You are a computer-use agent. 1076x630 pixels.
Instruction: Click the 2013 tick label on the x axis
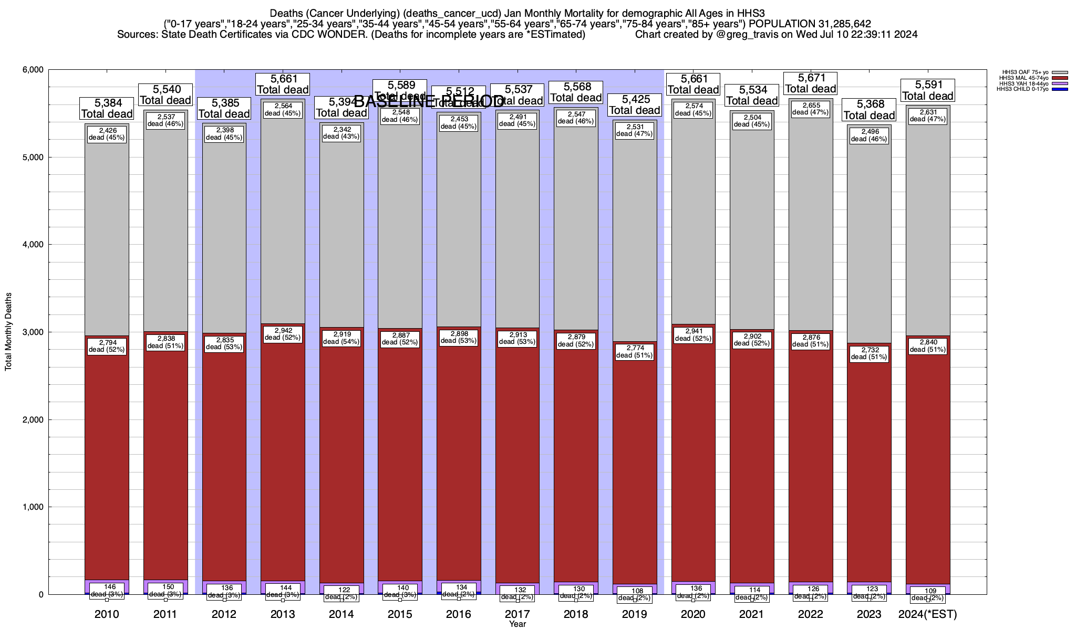[x=283, y=614]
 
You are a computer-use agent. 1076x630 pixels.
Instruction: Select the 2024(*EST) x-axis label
[x=927, y=614]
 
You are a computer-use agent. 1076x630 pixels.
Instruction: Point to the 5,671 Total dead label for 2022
[x=810, y=83]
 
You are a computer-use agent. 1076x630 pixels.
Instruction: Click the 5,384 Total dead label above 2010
[x=107, y=108]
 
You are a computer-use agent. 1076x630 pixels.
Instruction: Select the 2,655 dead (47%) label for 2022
[x=810, y=108]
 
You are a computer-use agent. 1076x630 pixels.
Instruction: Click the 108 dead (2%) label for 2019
[x=635, y=594]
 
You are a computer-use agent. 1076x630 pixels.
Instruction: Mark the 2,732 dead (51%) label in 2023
[x=869, y=353]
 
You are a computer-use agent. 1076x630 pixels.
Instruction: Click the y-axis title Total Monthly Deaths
[x=8, y=332]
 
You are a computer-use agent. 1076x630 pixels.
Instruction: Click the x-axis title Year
[x=518, y=624]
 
